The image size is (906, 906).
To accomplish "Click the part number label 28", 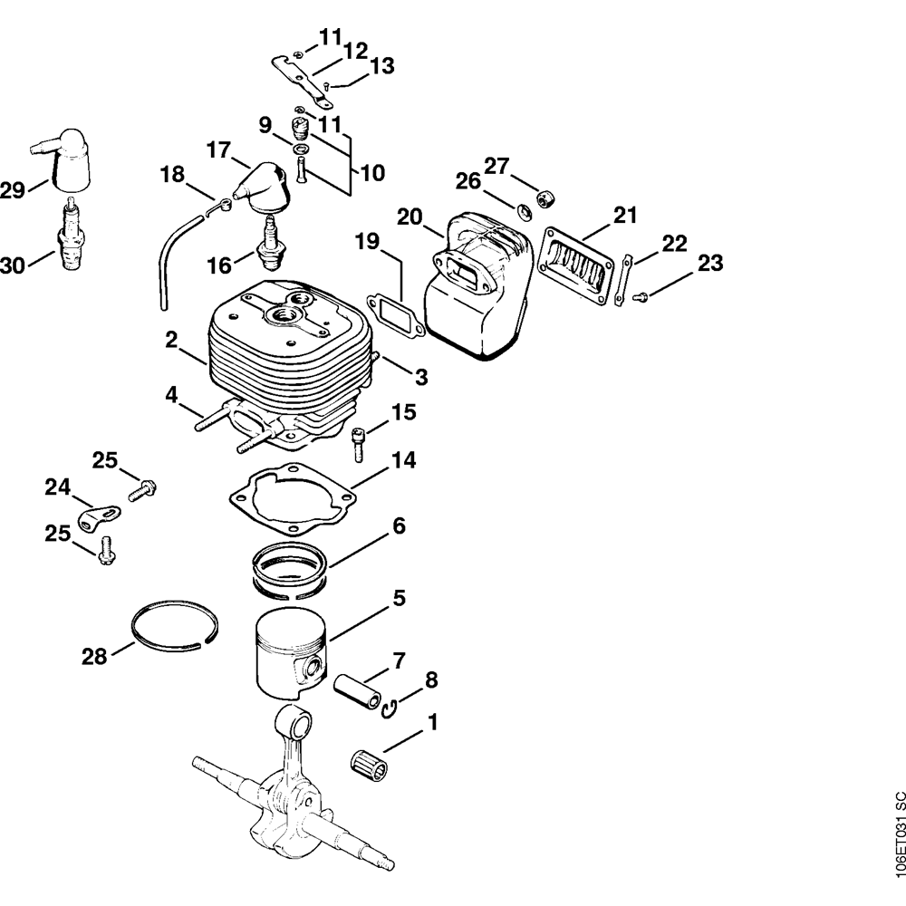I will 94,654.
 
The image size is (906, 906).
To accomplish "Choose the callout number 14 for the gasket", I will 403,462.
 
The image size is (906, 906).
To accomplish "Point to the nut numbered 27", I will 546,198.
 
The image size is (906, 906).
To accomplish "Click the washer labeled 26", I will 525,212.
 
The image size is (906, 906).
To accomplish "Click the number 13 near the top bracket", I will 381,65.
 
